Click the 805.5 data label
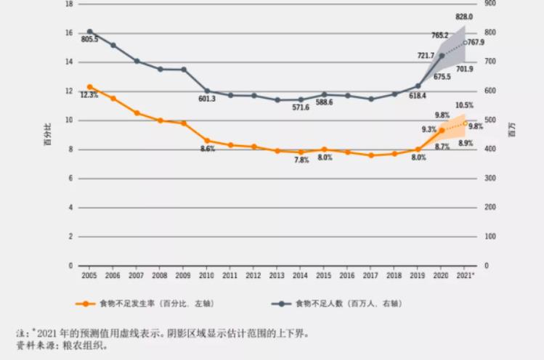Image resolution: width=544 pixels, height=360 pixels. point(89,39)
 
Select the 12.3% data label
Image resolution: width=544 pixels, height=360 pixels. point(89,95)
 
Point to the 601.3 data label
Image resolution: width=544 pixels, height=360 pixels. point(206,99)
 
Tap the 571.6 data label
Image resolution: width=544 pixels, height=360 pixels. point(301,107)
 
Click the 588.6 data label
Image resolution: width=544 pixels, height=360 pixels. point(323,102)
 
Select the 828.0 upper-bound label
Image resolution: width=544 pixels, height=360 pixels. point(464,17)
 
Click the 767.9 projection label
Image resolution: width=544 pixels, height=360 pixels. point(476,43)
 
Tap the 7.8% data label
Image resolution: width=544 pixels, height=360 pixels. point(301,160)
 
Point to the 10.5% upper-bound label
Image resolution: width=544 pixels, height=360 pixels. point(464,105)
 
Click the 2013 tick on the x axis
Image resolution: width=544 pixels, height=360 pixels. point(277,277)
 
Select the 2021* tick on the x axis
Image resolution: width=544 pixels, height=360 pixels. point(466,277)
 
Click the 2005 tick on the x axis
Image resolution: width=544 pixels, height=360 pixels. point(89,277)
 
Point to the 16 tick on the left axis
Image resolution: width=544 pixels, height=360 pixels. point(69,33)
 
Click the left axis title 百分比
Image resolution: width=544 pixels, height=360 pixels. point(47,135)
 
